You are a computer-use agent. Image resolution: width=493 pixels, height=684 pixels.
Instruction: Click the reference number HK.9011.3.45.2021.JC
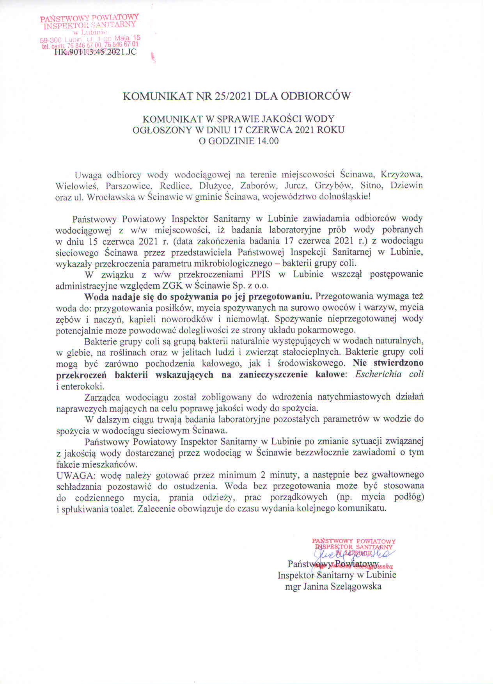coord(96,52)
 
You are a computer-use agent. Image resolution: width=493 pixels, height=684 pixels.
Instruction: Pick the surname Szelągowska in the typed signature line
coord(356,586)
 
